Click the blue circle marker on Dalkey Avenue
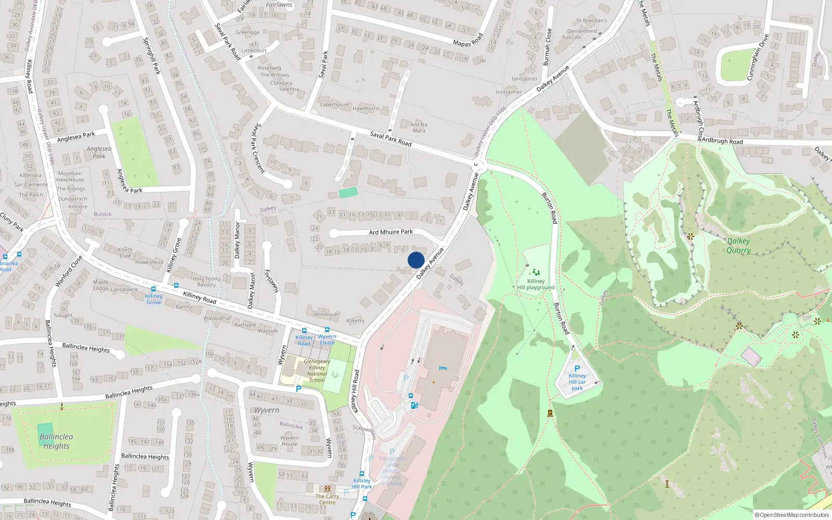click(x=416, y=260)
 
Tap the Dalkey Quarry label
click(x=738, y=245)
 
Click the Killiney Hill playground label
click(x=536, y=284)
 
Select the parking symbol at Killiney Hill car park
click(x=577, y=368)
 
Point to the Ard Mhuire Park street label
click(x=391, y=232)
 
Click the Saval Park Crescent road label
click(x=259, y=148)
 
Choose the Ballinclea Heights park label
click(x=56, y=441)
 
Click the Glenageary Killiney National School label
click(x=317, y=370)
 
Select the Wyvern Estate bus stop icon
click(x=327, y=330)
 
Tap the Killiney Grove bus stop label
click(x=153, y=299)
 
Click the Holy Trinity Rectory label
click(x=206, y=282)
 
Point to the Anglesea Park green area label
click(x=99, y=152)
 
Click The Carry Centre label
click(x=328, y=499)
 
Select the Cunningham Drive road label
click(x=758, y=57)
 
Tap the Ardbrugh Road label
click(x=723, y=141)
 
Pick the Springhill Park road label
click(x=152, y=56)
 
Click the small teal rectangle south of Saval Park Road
click(x=348, y=193)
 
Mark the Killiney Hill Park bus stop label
click(x=362, y=484)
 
